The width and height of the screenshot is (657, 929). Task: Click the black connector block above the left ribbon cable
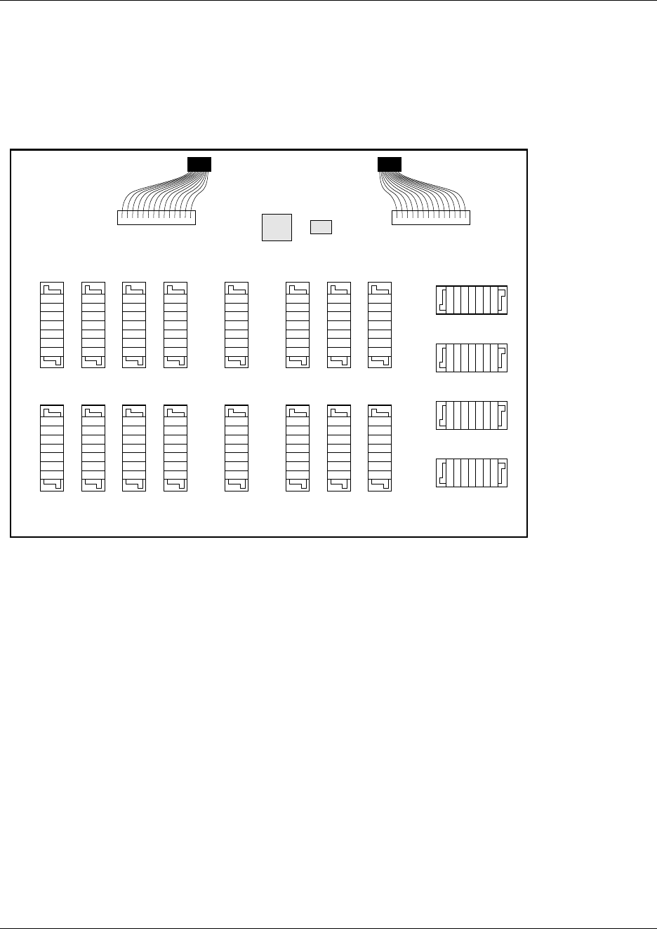tap(199, 164)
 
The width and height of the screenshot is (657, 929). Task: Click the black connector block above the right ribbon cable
tap(390, 164)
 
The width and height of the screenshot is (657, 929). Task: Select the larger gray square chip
tap(277, 227)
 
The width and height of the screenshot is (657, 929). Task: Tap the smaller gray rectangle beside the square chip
tap(321, 227)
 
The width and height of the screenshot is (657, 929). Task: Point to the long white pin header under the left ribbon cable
tap(156, 218)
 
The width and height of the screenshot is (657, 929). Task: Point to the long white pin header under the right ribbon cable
tap(430, 218)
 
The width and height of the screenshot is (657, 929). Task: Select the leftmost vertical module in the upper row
tap(52, 325)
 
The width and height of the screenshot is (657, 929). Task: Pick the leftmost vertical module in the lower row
tap(52, 447)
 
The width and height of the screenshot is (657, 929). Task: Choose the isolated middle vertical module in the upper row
tap(237, 325)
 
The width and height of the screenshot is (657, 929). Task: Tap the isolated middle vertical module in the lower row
tap(237, 447)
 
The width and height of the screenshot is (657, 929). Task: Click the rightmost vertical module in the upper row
tap(380, 325)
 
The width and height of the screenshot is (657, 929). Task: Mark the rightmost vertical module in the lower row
tap(380, 447)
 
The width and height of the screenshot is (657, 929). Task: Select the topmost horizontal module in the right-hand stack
tap(471, 300)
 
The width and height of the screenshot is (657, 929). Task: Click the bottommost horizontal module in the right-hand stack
tap(471, 473)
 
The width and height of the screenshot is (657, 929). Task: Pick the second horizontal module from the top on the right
tap(471, 358)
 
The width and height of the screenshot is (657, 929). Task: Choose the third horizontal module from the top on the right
tap(471, 415)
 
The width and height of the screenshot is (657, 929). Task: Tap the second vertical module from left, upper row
tap(93, 325)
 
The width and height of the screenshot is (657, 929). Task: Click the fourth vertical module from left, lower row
tap(175, 447)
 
